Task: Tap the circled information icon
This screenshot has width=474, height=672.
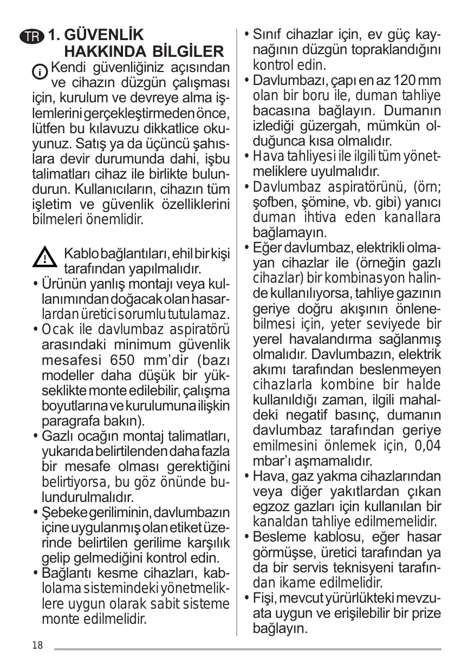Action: coord(40,71)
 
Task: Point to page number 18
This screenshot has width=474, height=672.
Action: coord(37,644)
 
